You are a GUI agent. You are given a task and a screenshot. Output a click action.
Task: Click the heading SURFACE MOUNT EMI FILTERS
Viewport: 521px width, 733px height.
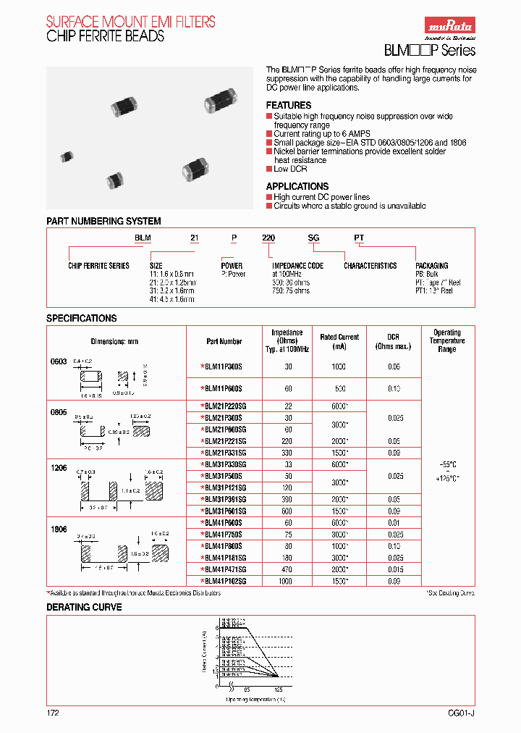(x=131, y=22)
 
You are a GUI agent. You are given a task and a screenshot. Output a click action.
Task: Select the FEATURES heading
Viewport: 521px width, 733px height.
(x=288, y=106)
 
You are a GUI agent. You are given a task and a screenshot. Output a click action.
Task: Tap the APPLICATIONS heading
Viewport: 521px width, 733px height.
(x=297, y=186)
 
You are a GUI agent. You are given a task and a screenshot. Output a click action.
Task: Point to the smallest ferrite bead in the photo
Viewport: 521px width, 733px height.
(x=67, y=156)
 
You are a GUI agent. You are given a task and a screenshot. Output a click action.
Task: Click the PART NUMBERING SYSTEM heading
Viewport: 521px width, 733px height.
(x=103, y=221)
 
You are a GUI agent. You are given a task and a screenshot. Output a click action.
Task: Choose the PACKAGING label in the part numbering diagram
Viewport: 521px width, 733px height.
(x=432, y=266)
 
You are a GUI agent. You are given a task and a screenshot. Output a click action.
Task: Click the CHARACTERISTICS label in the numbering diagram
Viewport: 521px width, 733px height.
(x=370, y=266)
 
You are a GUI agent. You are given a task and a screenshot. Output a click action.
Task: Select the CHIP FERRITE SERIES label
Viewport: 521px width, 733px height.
(x=98, y=266)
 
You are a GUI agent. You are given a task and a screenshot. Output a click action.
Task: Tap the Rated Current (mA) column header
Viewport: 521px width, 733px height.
(x=339, y=341)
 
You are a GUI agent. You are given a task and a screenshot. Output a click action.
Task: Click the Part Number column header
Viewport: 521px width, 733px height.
(x=224, y=341)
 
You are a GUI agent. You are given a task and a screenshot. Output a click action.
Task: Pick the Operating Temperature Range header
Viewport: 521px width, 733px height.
(x=447, y=341)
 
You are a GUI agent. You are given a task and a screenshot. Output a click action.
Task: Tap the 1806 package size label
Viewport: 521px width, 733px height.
(x=58, y=529)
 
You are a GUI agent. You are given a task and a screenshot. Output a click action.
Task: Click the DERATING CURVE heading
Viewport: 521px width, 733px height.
(x=84, y=607)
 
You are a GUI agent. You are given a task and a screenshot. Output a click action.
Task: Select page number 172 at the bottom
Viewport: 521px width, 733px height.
(x=53, y=713)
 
